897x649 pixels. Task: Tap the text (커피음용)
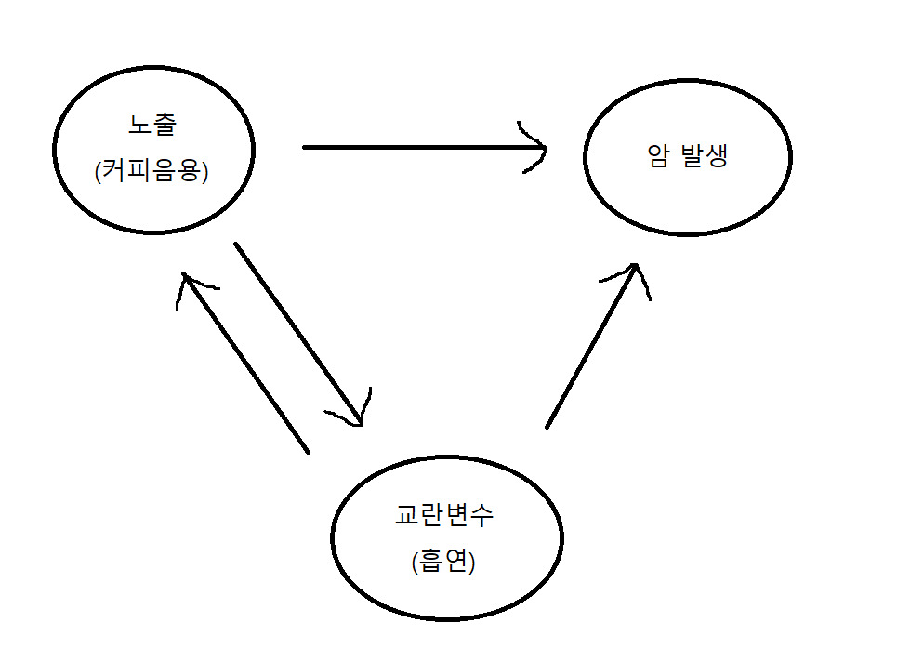(x=151, y=172)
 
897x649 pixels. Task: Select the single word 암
(x=658, y=155)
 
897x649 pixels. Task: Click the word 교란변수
(x=444, y=514)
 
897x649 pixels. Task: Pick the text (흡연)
(x=443, y=563)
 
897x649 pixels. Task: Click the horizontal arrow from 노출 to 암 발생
(x=418, y=147)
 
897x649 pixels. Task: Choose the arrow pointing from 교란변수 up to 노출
(x=246, y=363)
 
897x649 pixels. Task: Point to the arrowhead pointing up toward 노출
(x=187, y=279)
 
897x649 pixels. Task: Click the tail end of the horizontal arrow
(x=306, y=147)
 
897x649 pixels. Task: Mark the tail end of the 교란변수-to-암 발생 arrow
(x=547, y=427)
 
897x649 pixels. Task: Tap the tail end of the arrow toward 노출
(x=307, y=451)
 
